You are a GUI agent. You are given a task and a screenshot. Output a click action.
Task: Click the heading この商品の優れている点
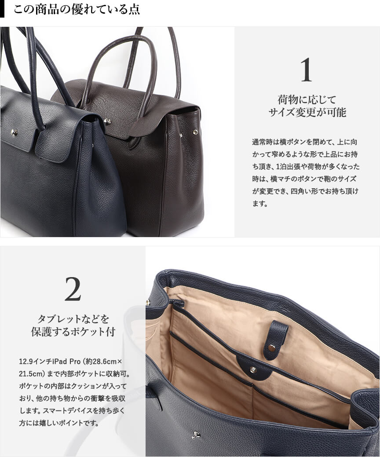[x=77, y=9]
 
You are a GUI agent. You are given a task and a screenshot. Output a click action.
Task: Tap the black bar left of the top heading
[x=2, y=9]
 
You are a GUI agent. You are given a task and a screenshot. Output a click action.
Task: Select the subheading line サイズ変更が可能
[x=307, y=112]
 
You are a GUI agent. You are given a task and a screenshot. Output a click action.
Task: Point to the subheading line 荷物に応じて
[x=307, y=100]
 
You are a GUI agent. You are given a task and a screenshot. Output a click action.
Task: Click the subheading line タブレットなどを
[x=73, y=319]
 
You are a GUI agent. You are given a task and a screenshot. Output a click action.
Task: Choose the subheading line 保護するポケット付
[x=73, y=332]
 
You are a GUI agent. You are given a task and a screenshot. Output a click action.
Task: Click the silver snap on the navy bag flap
[x=14, y=132]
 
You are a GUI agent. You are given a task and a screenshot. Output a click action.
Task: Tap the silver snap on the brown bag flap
[x=107, y=121]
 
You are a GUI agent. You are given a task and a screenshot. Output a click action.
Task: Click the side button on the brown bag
[x=195, y=132]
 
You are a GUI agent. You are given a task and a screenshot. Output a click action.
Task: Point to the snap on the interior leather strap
[x=272, y=347]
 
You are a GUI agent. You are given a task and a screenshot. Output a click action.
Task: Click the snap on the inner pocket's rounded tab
[x=253, y=370]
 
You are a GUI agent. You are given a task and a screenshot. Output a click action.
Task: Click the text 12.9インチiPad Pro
[x=50, y=362]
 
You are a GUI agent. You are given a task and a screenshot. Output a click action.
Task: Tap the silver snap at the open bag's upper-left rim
[x=148, y=302]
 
